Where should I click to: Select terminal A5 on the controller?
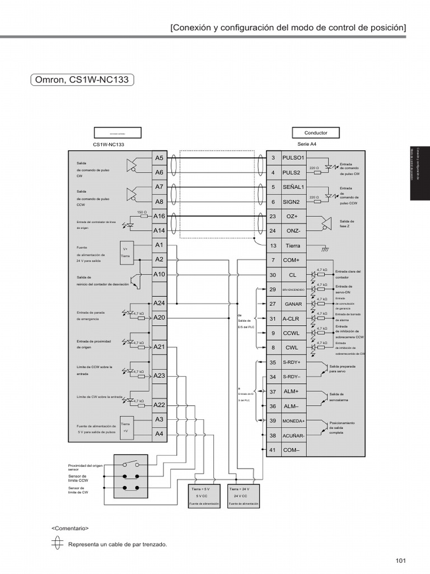(x=159, y=158)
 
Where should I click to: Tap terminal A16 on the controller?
(x=159, y=216)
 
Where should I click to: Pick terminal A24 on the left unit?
(x=159, y=303)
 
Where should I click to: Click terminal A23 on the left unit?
(x=159, y=376)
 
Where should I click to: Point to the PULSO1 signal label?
(x=293, y=158)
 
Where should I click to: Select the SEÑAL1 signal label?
(x=293, y=187)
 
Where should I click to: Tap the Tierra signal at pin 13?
(x=293, y=246)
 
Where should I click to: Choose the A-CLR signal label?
(x=292, y=318)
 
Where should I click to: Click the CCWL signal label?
(x=292, y=333)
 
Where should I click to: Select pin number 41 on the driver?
(x=273, y=450)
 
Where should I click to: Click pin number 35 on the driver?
(x=273, y=362)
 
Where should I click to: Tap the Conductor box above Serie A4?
(x=315, y=133)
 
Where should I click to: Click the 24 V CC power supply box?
(x=244, y=496)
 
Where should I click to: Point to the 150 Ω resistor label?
(x=142, y=212)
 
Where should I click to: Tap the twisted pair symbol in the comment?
(x=57, y=544)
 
